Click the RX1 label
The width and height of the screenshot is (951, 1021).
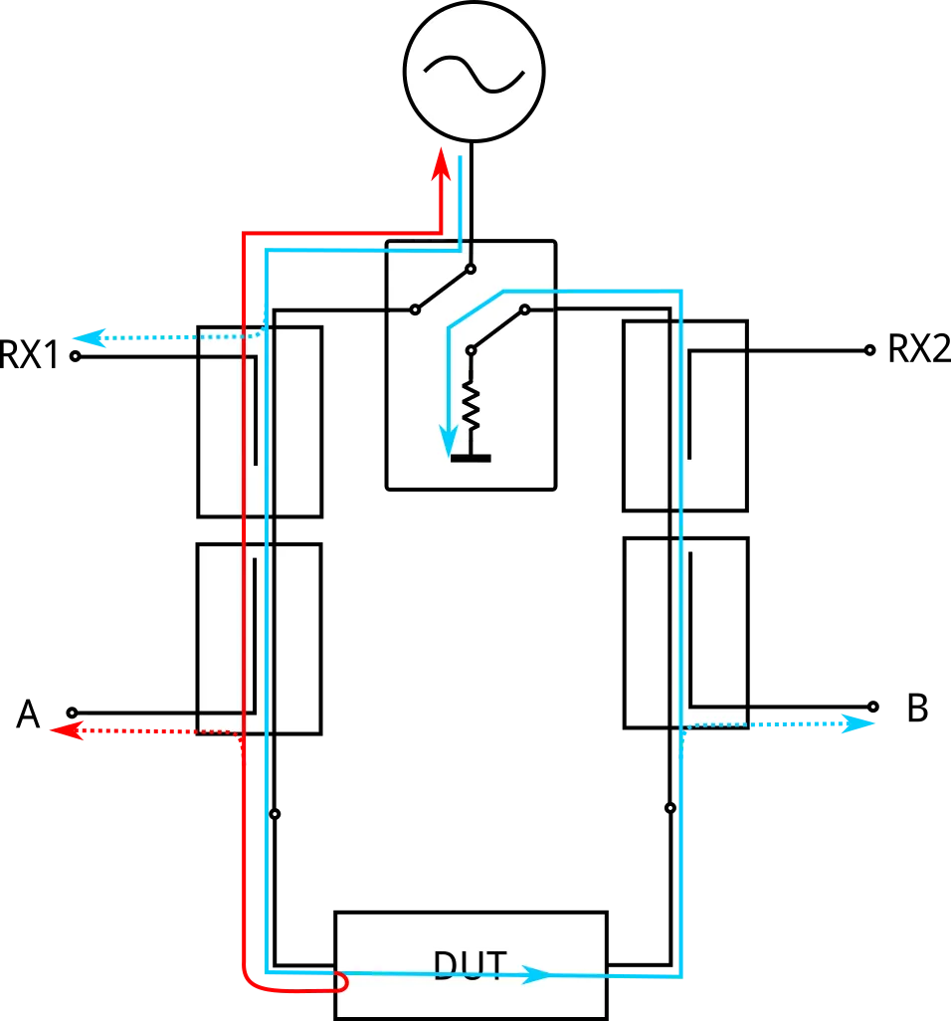tap(29, 355)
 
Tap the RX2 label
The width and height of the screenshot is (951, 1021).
tap(919, 349)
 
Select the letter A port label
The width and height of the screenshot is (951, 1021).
tap(28, 715)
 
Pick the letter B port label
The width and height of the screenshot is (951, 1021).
tap(917, 709)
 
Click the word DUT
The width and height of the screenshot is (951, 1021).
tap(470, 965)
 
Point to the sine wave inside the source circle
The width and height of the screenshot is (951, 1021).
tap(474, 73)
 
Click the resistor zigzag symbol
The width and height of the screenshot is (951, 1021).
tap(471, 406)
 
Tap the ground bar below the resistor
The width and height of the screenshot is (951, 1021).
tap(471, 459)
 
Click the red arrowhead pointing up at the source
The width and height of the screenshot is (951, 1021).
tap(442, 164)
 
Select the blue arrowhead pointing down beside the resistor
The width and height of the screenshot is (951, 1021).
tap(448, 441)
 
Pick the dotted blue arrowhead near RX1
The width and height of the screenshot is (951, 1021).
tap(89, 338)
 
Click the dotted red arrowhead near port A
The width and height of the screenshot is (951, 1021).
tap(67, 730)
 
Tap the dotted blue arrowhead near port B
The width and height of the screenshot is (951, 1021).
tap(858, 723)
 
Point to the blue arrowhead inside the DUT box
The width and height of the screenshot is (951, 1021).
tap(537, 975)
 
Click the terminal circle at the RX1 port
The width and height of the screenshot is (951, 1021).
tap(76, 357)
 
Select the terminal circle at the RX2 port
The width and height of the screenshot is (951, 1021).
tap(869, 350)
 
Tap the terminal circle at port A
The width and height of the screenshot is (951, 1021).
tap(73, 713)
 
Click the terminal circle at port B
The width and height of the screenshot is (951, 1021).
tap(873, 707)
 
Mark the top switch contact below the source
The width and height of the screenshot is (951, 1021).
tap(472, 269)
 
